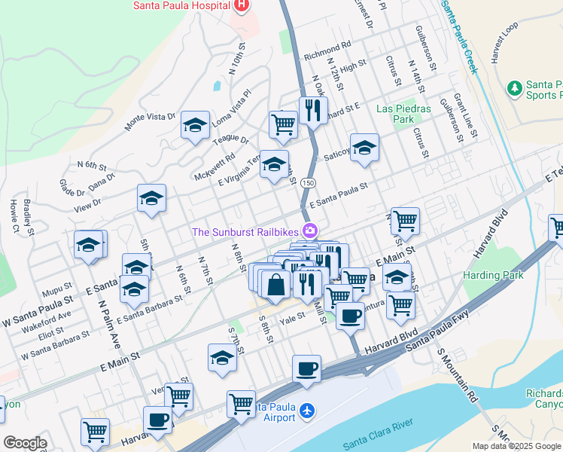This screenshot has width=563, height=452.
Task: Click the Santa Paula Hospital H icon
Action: coord(242,7)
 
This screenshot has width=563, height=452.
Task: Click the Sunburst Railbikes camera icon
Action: coord(309,231)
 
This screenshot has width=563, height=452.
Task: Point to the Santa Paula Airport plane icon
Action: coord(306,411)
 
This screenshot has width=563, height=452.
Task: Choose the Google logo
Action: coord(24,443)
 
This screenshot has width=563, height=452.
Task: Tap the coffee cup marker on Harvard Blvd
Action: coord(306,369)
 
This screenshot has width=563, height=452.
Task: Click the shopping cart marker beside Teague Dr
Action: coord(283,125)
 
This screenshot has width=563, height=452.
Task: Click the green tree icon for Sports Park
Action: coord(516,88)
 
